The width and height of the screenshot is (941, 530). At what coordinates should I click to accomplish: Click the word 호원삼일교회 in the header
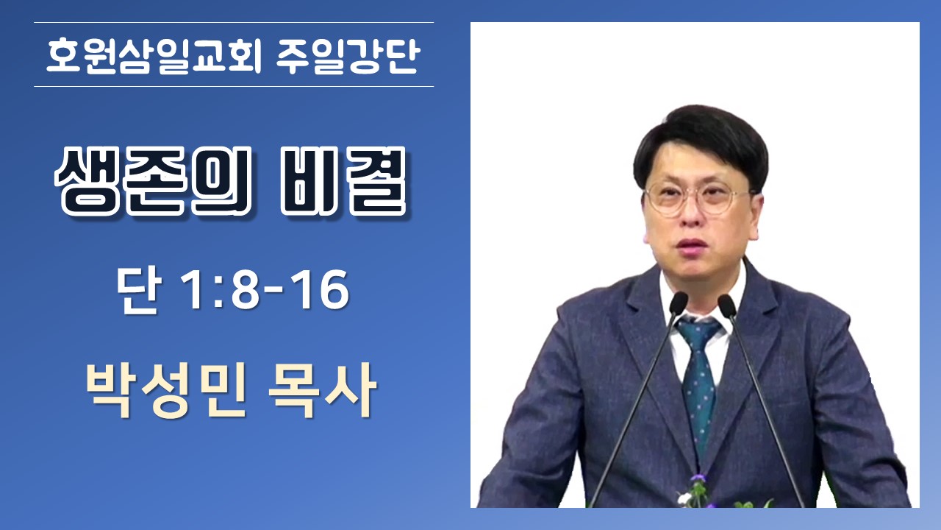[x=154, y=56]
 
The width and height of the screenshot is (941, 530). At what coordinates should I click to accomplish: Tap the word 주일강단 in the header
[x=348, y=56]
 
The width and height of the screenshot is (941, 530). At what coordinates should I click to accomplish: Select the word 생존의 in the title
[x=153, y=181]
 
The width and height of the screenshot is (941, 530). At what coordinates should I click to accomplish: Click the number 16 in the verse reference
[x=323, y=290]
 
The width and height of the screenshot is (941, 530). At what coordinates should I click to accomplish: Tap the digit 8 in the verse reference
[x=246, y=290]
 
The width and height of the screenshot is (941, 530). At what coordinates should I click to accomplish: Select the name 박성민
[x=165, y=390]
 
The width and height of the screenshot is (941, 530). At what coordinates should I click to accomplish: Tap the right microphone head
[x=727, y=305]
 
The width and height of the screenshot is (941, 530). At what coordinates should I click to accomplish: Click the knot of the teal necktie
[x=698, y=331]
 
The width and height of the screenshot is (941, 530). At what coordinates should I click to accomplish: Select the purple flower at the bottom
[x=698, y=478]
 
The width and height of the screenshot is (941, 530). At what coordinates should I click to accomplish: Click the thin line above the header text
[x=234, y=22]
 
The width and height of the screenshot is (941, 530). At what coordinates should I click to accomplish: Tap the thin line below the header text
[x=234, y=86]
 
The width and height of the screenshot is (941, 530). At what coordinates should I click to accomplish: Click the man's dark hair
[x=701, y=139]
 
